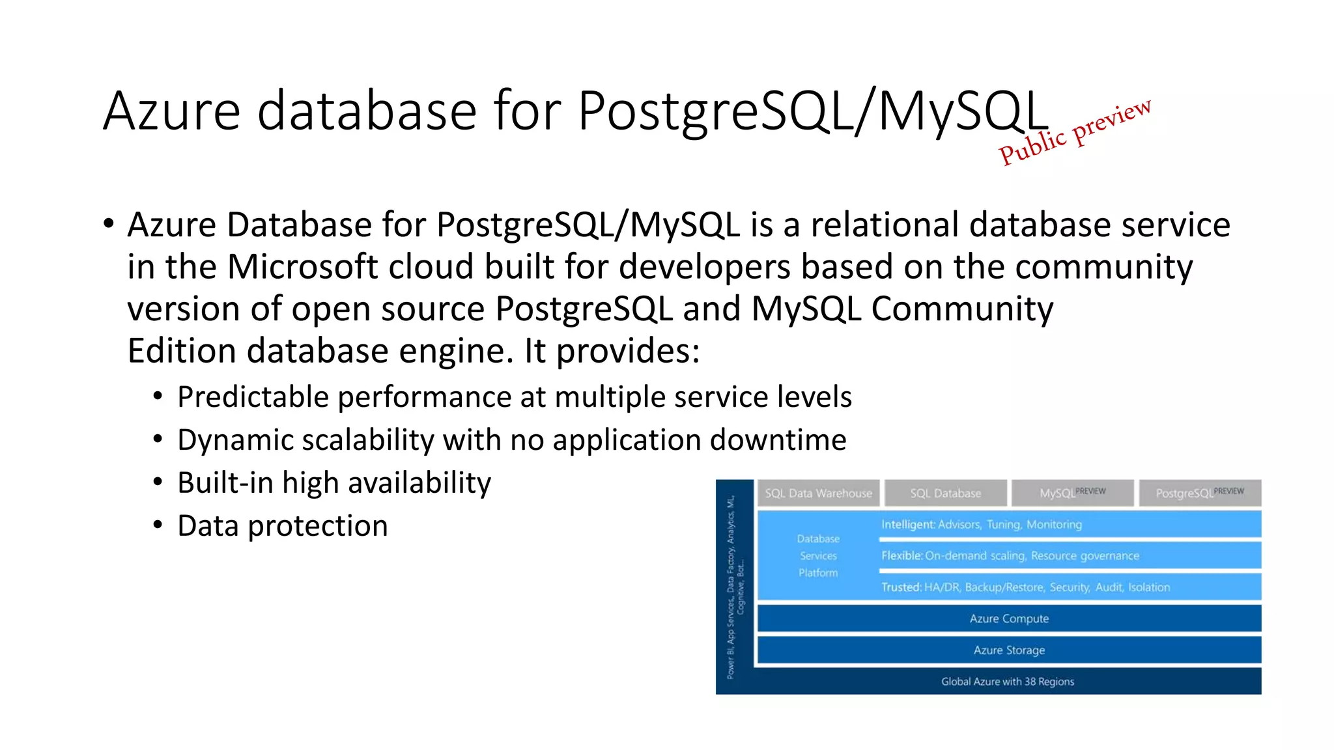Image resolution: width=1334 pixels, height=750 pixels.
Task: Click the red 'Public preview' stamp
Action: coord(1075,132)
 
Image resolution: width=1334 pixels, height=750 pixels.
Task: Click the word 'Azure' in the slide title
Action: coord(171,111)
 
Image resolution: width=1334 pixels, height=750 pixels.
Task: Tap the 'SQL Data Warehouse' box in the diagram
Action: coord(817,493)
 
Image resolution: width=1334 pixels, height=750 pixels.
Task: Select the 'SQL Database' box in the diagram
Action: coord(945,493)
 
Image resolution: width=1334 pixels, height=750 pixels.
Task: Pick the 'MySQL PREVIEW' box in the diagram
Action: coord(1071,493)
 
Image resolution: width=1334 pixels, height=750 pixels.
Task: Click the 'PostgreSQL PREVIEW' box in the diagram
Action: coord(1199,493)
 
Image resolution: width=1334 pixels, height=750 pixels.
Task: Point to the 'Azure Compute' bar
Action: coord(1008,618)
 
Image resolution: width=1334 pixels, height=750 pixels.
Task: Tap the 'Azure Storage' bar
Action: coord(1008,650)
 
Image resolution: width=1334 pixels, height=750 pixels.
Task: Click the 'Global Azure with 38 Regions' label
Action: coord(1007,682)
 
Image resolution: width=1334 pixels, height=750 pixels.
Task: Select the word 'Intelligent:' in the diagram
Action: coord(907,525)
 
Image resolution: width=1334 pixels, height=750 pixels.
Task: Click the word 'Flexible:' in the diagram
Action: coord(901,556)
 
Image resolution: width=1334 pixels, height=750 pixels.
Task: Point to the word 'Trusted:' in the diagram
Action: coord(901,587)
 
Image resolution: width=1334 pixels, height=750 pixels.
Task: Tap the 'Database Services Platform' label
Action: coord(818,556)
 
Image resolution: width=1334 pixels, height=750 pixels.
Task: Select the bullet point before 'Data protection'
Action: coord(158,525)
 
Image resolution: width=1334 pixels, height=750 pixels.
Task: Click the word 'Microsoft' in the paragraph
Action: coord(302,267)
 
